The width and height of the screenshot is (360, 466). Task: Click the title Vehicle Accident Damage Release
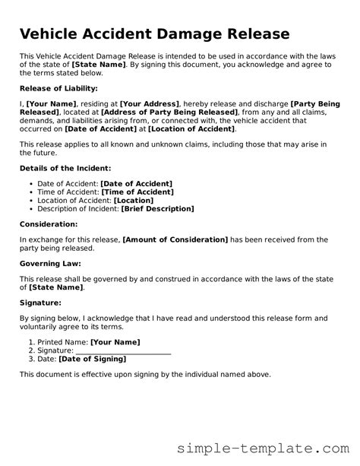click(154, 34)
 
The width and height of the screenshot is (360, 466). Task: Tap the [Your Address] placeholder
click(150, 103)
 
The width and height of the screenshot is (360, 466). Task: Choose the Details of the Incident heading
click(65, 167)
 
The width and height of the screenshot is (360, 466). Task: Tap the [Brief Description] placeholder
click(158, 208)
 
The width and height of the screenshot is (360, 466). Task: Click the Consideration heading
click(49, 225)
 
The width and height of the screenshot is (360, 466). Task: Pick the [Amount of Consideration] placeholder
click(175, 239)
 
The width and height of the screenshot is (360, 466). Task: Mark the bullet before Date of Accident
click(29, 183)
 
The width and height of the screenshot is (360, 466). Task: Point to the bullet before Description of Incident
click(29, 208)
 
